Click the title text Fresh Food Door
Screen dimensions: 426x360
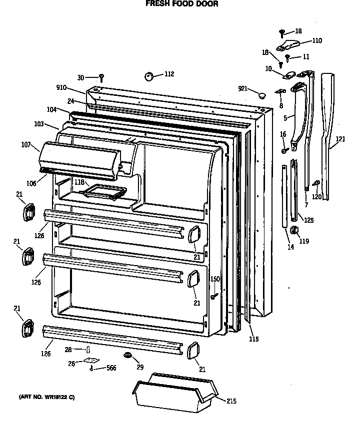(x=181, y=3)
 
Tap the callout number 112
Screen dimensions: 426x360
(x=169, y=74)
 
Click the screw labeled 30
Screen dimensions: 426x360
(x=101, y=77)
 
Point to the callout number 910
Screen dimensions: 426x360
(x=61, y=87)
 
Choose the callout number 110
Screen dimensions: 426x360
(x=317, y=41)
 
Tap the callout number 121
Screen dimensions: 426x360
(x=340, y=139)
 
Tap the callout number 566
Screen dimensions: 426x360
(x=111, y=369)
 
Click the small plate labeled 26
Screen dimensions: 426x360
(x=90, y=360)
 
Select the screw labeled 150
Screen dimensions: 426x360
(x=213, y=297)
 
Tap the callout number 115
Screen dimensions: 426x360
(x=254, y=340)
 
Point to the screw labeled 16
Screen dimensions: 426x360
(x=283, y=150)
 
